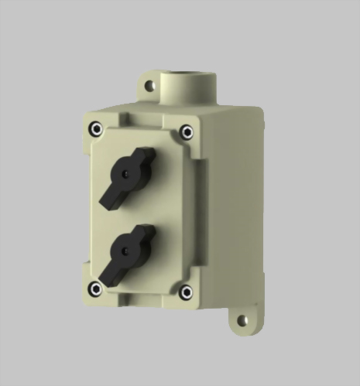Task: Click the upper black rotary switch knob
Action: click(125, 176)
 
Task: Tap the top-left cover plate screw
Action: click(94, 128)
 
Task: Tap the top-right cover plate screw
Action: click(187, 132)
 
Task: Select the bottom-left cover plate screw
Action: click(95, 289)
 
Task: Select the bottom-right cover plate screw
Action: click(186, 292)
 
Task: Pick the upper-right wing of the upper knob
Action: click(144, 157)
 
